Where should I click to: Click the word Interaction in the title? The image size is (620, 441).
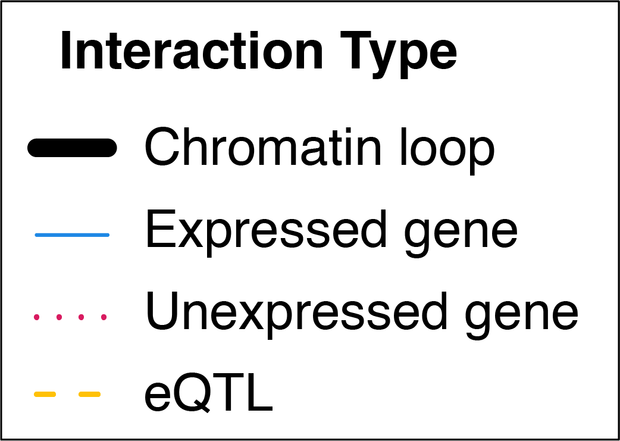[192, 50]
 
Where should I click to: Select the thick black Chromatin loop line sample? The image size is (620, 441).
[72, 148]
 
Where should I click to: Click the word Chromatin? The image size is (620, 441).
[263, 148]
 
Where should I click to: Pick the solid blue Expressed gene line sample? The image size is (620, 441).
[72, 235]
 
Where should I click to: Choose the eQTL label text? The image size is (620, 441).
[209, 392]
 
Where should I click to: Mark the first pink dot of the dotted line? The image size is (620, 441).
[37, 317]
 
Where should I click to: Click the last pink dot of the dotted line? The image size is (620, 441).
[104, 317]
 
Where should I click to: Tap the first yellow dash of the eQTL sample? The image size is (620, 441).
[45, 394]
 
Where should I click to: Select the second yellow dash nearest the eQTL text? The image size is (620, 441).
[90, 394]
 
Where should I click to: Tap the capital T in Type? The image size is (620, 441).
[357, 50]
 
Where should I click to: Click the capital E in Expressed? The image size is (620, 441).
[161, 229]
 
